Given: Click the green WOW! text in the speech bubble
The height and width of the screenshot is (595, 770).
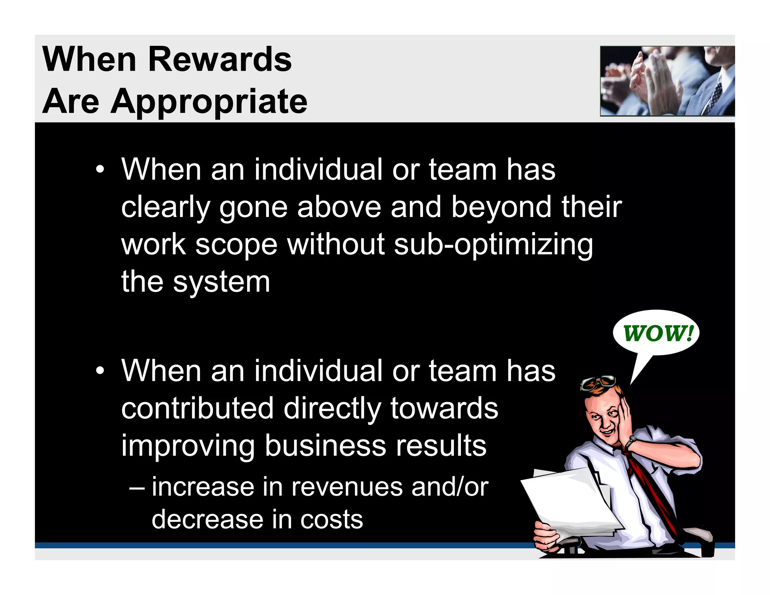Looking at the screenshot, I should click(x=658, y=333).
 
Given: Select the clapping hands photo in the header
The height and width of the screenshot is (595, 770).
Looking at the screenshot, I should click(x=667, y=81).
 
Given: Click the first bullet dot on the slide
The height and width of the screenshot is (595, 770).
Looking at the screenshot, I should click(x=100, y=170).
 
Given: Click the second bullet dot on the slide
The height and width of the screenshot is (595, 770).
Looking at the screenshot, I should click(x=100, y=371).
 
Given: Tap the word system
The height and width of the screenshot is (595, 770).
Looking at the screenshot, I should click(x=221, y=282).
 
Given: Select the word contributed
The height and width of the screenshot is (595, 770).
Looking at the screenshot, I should click(x=198, y=409).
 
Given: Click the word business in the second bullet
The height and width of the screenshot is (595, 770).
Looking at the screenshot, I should click(x=325, y=446).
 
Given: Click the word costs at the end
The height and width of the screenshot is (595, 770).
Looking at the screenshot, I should click(x=331, y=520).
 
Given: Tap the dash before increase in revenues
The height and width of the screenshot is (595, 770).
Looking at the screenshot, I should click(x=136, y=488).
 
